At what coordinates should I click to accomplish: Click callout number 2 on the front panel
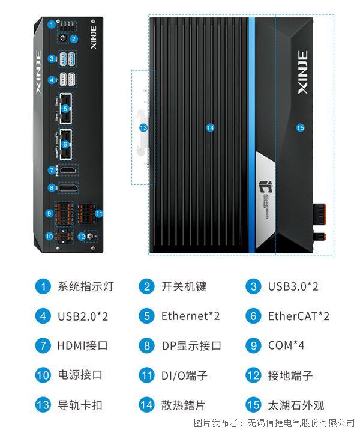point(73,39)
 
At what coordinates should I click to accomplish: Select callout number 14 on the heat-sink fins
point(210,127)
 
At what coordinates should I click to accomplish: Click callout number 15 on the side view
point(301,127)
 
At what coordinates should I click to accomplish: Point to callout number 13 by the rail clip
point(143,127)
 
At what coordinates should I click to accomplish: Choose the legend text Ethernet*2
point(190,316)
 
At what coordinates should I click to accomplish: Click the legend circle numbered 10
point(43,375)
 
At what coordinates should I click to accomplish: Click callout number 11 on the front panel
point(100,213)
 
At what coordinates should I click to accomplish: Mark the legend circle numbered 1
point(43,286)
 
